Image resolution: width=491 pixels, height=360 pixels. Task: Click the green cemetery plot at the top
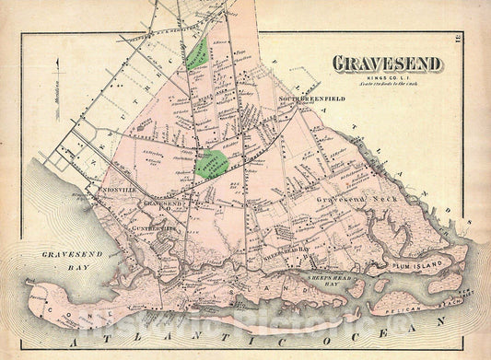coord(196,54)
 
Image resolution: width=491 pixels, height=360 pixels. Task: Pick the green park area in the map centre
coord(213,163)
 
